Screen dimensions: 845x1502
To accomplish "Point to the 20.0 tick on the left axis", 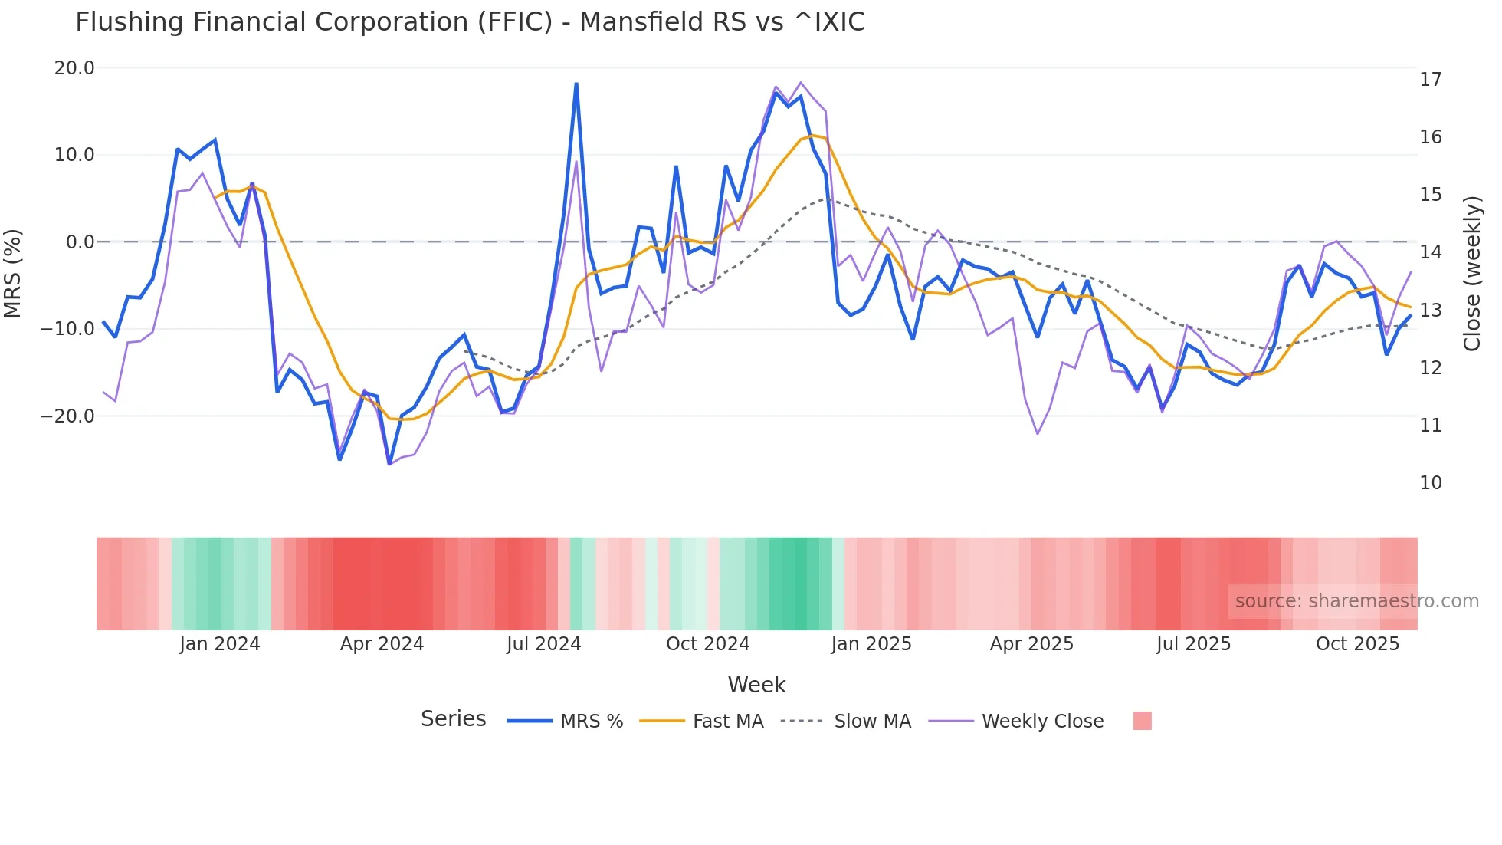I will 74,68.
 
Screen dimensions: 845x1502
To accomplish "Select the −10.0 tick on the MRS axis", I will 67,329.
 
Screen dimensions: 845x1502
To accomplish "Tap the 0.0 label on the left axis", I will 80,242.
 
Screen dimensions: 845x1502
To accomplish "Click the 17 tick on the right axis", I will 1430,80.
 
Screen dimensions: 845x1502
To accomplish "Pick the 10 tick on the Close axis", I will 1430,483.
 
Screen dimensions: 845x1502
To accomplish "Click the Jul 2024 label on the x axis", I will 543,644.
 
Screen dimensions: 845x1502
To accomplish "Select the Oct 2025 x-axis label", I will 1357,644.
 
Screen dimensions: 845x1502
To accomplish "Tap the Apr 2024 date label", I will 382,644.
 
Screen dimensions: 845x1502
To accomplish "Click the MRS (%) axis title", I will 13,274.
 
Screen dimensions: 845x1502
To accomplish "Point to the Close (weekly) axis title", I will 1471,274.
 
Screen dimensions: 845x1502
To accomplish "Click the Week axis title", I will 756,685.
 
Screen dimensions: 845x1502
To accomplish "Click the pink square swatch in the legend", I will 1142,721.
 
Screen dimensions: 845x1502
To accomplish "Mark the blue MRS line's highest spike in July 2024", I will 576,84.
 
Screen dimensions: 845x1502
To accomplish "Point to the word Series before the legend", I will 453,719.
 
